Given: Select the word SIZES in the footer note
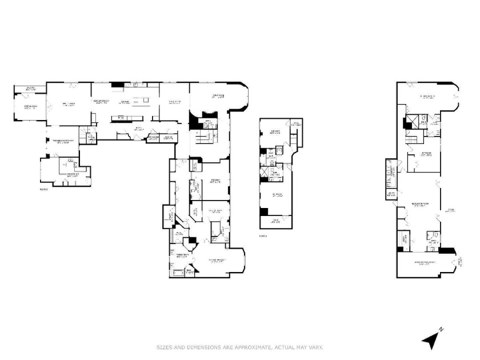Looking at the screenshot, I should click(x=166, y=347).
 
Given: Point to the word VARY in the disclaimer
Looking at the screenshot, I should click(x=317, y=347).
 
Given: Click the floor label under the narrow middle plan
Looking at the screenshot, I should click(x=262, y=235).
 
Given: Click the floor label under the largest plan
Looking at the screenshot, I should click(x=43, y=189).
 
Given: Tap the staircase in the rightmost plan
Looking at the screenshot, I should click(x=413, y=141).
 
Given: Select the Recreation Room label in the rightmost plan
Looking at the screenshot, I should click(x=420, y=205).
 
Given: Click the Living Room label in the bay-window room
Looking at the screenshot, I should click(x=218, y=96).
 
